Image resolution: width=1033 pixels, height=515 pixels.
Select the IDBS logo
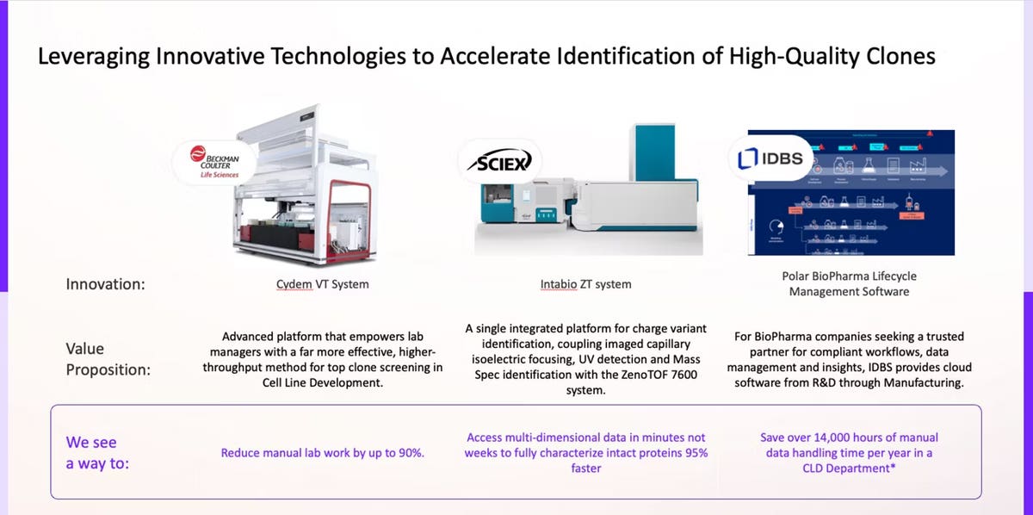tap(768, 158)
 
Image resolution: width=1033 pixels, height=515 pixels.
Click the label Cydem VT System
tap(316, 283)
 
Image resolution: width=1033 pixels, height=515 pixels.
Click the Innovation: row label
tap(104, 282)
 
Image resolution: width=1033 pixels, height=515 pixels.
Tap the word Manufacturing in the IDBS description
tap(924, 382)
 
